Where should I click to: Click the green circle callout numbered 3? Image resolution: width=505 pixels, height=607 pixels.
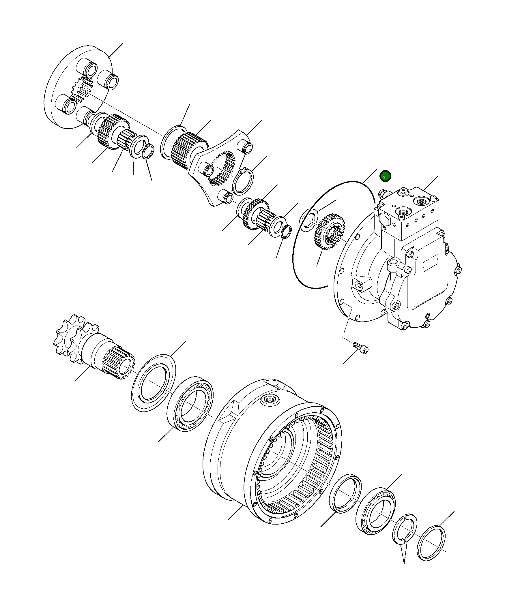pos(385,176)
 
